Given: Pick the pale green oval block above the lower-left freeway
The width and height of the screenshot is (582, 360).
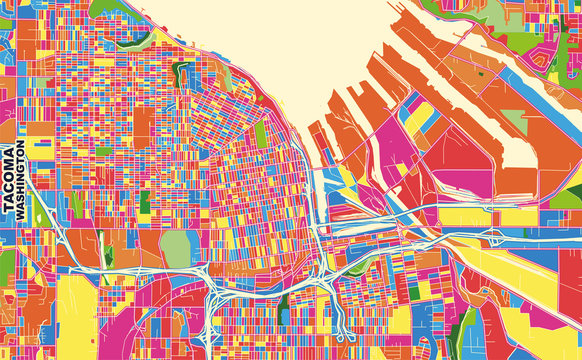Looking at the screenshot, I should click(175, 249).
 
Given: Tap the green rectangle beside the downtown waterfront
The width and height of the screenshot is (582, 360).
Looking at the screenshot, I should click(262, 135).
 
